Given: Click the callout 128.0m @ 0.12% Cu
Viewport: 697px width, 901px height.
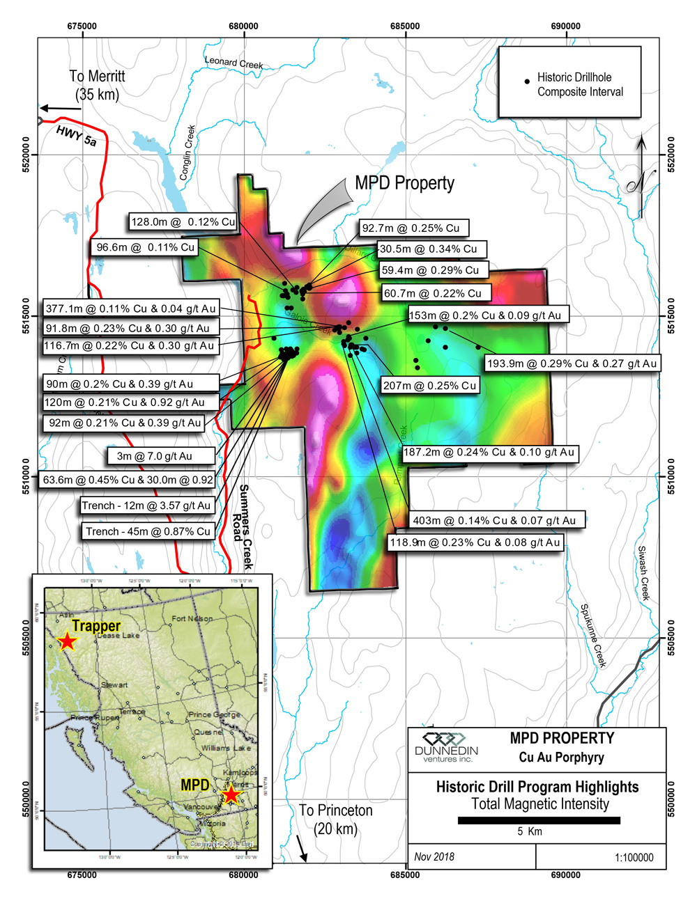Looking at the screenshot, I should pos(183,222).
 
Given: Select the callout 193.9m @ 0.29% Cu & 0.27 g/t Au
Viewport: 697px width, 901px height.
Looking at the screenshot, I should pos(572,363).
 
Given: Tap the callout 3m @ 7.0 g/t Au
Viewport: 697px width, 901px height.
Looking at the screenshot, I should pos(154,456).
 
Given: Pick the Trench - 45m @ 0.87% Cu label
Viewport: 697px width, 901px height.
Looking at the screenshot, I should pos(148,531).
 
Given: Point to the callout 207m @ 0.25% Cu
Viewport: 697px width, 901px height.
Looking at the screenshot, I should pos(429,386).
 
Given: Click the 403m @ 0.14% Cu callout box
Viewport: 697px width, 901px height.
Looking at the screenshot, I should pos(494,520).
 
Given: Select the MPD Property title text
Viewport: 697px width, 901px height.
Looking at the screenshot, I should pos(404,183).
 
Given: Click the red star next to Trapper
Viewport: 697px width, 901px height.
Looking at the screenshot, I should pos(66,641).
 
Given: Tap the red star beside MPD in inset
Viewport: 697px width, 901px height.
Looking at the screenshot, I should pos(231,794).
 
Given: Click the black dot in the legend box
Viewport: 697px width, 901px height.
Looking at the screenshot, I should pos(527,81).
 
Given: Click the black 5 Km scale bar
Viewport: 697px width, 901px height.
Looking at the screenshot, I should pos(539,820).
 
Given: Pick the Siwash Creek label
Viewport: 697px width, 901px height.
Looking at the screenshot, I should pos(643,572).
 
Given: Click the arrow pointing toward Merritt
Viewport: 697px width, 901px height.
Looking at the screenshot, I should pos(61,108).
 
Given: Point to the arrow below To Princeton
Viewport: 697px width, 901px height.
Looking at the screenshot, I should pos(302,847).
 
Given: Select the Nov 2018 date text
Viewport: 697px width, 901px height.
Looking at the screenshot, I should pos(434,856).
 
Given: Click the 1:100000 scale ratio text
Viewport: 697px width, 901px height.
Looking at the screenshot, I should pos(634,857).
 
